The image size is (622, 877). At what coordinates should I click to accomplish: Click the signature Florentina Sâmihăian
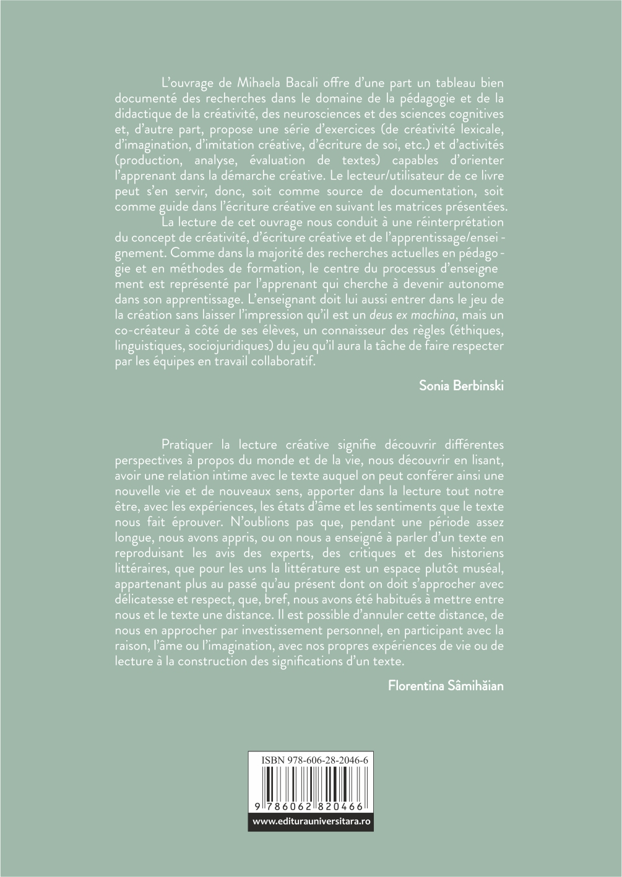click(x=446, y=685)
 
